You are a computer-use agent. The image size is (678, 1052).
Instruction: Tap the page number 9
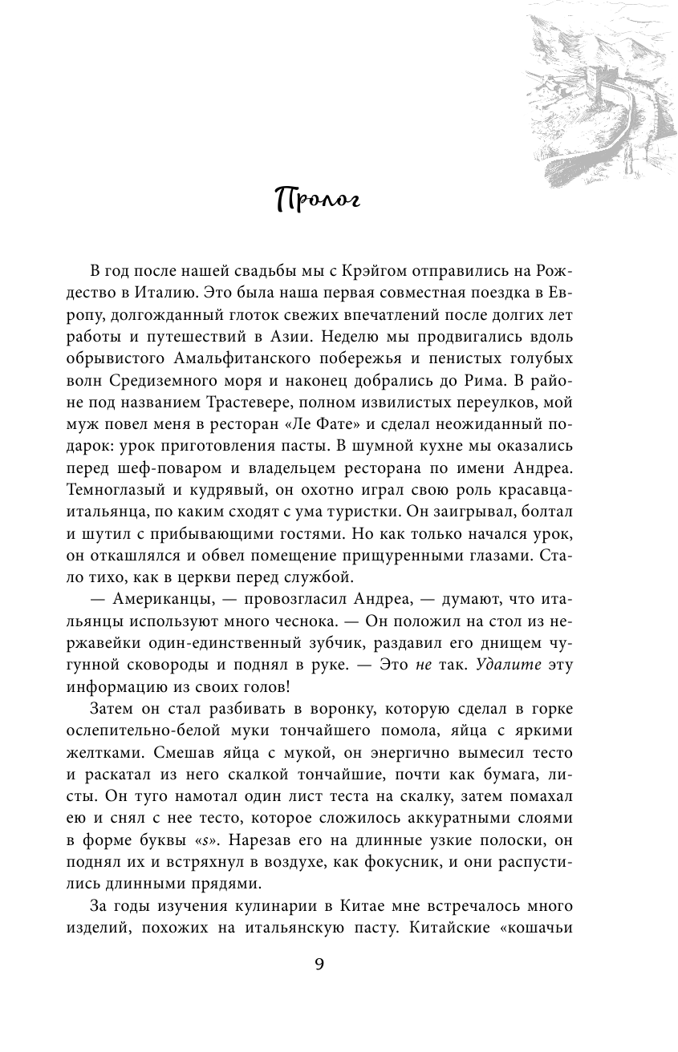319,964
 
